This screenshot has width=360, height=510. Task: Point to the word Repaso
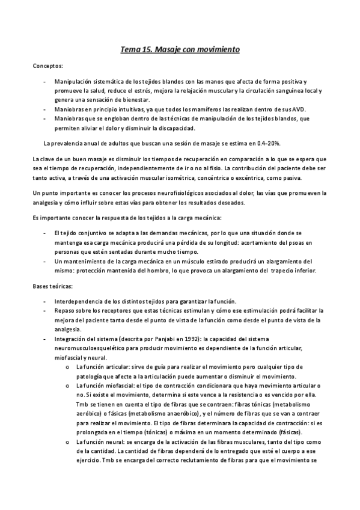tap(64, 310)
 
